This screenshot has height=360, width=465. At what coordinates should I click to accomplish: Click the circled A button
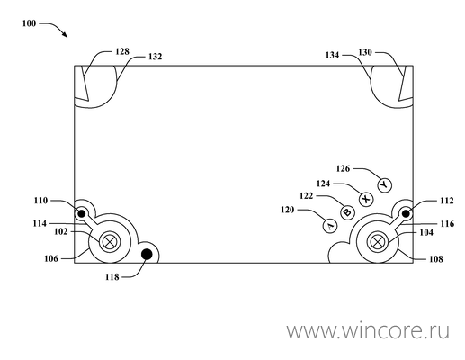click(330, 226)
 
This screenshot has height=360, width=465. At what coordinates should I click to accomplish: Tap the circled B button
click(347, 212)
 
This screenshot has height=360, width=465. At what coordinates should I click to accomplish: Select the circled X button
click(366, 199)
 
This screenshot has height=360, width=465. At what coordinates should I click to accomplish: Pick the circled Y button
click(384, 185)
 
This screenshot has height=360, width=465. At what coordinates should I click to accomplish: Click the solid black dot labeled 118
click(147, 255)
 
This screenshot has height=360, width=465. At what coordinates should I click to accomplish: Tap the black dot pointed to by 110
click(81, 214)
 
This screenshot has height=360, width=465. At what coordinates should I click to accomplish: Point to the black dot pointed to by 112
click(406, 214)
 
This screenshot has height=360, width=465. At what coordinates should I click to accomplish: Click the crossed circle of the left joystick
click(110, 242)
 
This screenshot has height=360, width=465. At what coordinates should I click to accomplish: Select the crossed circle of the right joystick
click(377, 242)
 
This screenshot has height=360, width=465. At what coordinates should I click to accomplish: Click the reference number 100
click(29, 23)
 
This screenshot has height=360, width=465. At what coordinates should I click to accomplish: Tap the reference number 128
click(122, 51)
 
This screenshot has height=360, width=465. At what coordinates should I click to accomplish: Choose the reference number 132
click(155, 57)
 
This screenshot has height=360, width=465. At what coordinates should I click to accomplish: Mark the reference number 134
click(332, 55)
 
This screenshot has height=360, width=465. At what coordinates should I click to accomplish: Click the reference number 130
click(365, 52)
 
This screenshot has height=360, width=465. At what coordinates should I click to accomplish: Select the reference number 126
click(343, 168)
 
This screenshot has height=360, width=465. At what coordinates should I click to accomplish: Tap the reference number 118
click(112, 277)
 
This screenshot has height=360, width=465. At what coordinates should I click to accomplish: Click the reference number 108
click(436, 259)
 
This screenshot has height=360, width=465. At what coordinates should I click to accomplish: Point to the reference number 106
click(51, 258)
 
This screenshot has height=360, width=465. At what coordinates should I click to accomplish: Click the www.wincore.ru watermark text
click(368, 331)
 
